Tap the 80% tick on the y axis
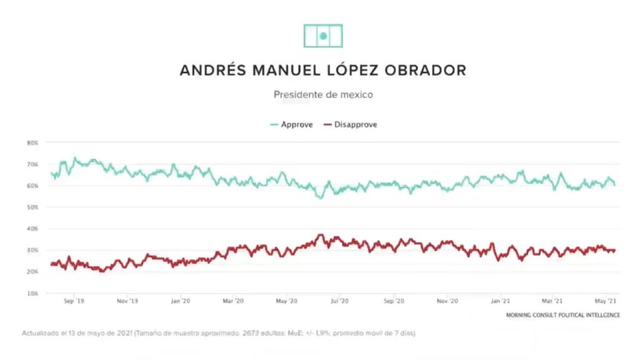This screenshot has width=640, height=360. [32, 143]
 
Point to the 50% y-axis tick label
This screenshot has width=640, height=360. [32, 207]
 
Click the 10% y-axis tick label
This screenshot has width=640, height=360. [32, 293]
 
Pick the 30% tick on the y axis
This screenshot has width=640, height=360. [32, 251]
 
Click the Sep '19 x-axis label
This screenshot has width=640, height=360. [74, 301]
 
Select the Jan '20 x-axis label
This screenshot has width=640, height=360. [180, 301]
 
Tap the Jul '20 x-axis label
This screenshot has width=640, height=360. [339, 301]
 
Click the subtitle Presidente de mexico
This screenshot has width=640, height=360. [323, 95]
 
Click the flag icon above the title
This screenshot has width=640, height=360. [323, 36]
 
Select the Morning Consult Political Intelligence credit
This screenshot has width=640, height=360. [563, 315]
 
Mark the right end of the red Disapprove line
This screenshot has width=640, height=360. [615, 250]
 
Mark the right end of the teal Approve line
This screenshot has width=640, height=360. [615, 184]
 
